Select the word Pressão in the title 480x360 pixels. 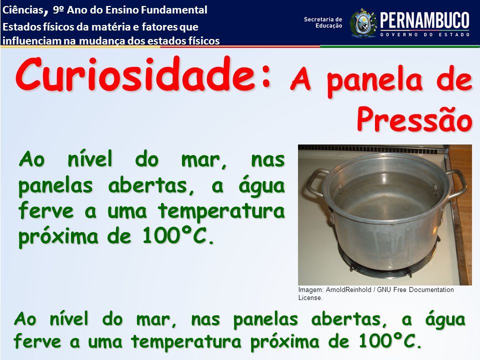[414, 119]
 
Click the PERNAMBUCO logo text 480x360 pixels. [425, 20]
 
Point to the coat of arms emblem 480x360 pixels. [363, 23]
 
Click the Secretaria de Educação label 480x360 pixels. [323, 22]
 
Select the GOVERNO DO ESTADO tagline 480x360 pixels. [425, 34]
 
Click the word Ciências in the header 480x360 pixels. [22, 10]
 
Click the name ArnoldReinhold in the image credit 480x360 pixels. [348, 289]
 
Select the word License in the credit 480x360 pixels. [310, 297]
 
